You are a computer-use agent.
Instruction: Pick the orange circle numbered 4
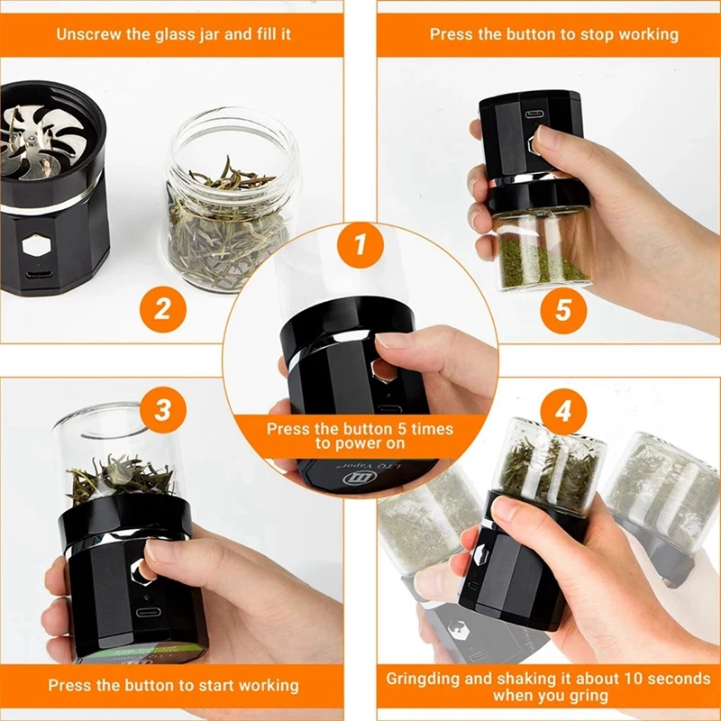(x=563, y=411)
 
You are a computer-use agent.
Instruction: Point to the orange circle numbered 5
(x=563, y=309)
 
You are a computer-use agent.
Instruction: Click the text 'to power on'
(x=360, y=444)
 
